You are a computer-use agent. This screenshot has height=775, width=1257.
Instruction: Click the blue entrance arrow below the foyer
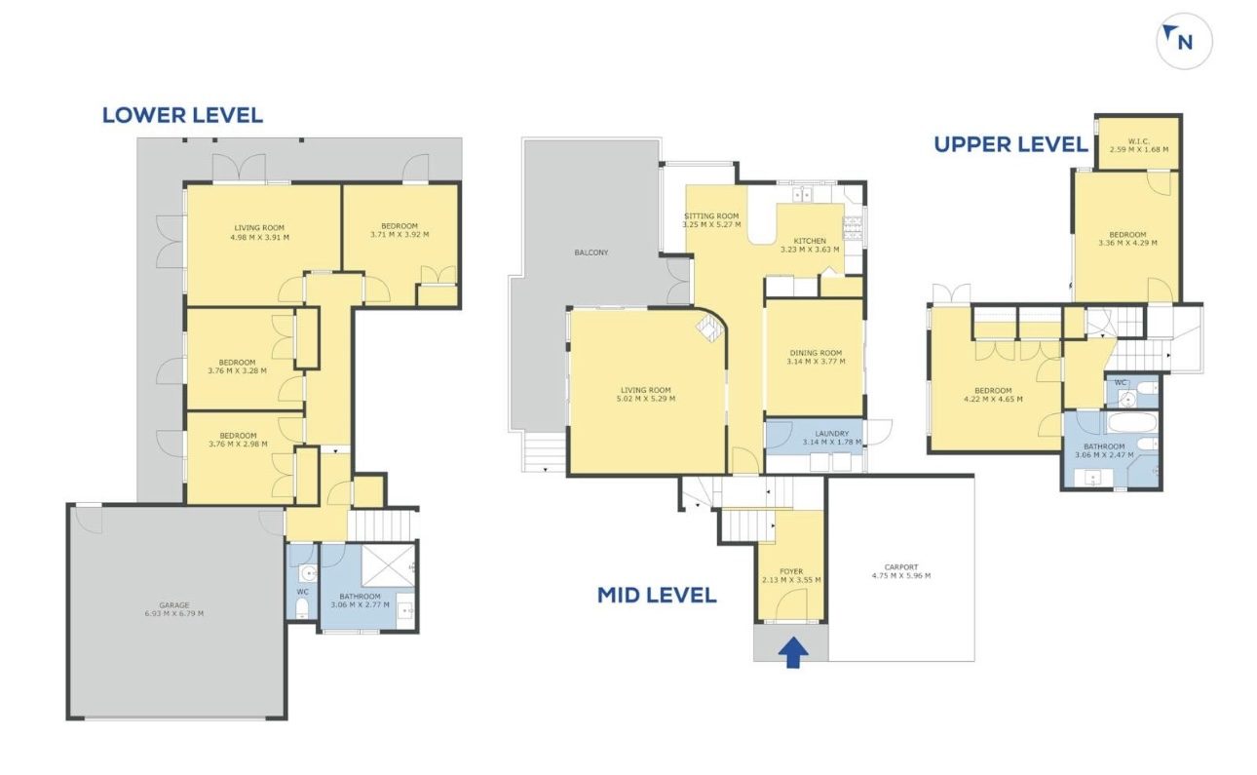pos(793,652)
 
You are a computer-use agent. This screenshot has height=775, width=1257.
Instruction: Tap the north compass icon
pos(1184,41)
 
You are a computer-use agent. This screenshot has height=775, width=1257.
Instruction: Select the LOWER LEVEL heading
pos(182,115)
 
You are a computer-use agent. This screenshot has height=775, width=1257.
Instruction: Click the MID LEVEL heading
pos(657,595)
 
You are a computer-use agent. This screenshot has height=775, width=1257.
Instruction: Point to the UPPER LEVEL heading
pos(1010,144)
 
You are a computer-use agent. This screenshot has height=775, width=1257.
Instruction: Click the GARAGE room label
pos(174,605)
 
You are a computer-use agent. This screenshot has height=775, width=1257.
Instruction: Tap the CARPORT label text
pos(901,567)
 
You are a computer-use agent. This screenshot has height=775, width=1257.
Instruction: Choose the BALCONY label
pos(590,252)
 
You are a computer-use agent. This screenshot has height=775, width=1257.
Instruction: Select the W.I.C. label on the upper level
pos(1139,141)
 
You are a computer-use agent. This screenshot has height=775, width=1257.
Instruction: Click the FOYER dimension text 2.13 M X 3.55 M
pos(791,580)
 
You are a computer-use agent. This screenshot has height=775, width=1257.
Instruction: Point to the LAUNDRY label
pos(831,434)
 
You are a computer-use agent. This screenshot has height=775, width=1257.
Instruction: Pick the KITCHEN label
pos(810,241)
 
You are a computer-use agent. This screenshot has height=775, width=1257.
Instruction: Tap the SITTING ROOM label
pos(711,216)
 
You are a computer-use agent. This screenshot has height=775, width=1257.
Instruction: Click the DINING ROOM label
pos(816,353)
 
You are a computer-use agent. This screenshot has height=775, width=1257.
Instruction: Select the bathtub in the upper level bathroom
pos(1130,422)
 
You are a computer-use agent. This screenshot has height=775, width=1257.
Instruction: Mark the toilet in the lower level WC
pos(302,607)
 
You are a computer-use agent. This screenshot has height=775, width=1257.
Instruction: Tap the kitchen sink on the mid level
pos(803,194)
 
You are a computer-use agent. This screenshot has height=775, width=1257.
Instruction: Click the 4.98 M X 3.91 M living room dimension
pos(260,237)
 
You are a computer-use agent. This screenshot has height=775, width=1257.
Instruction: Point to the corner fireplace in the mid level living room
pos(708,329)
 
